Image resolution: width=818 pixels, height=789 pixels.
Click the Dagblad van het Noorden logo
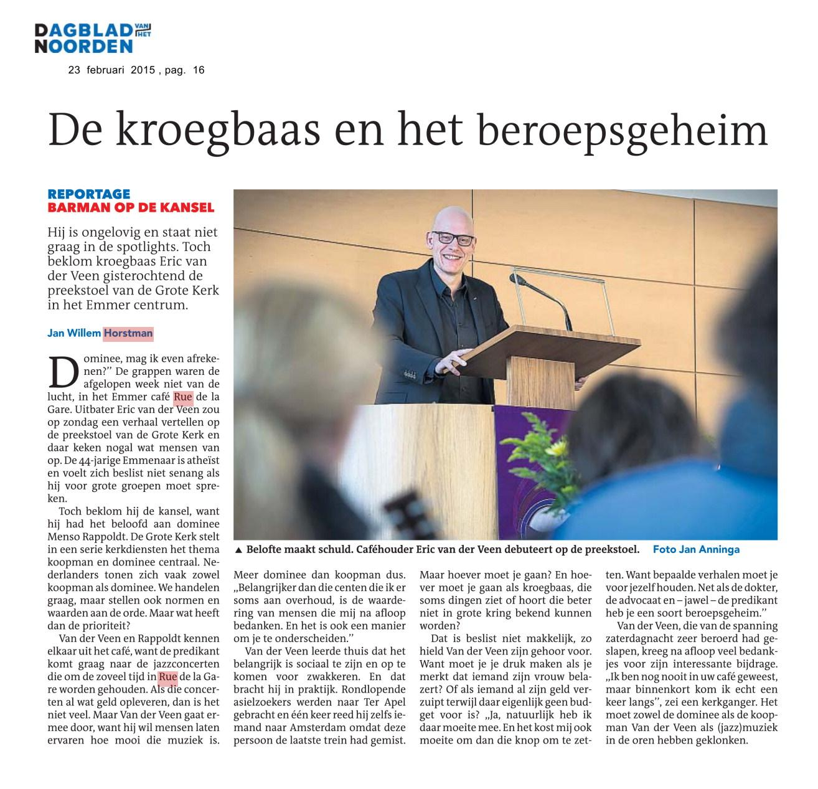coord(93,37)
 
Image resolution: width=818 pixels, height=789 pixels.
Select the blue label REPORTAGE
coord(89,194)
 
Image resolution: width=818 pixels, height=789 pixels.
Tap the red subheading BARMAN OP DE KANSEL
coord(131,207)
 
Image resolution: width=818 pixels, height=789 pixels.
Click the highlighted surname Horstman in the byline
coord(128,333)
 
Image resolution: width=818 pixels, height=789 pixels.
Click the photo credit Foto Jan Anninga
coord(696,549)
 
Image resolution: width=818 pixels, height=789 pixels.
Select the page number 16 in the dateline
coord(199,70)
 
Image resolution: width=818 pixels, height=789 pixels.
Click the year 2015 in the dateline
coord(144,70)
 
